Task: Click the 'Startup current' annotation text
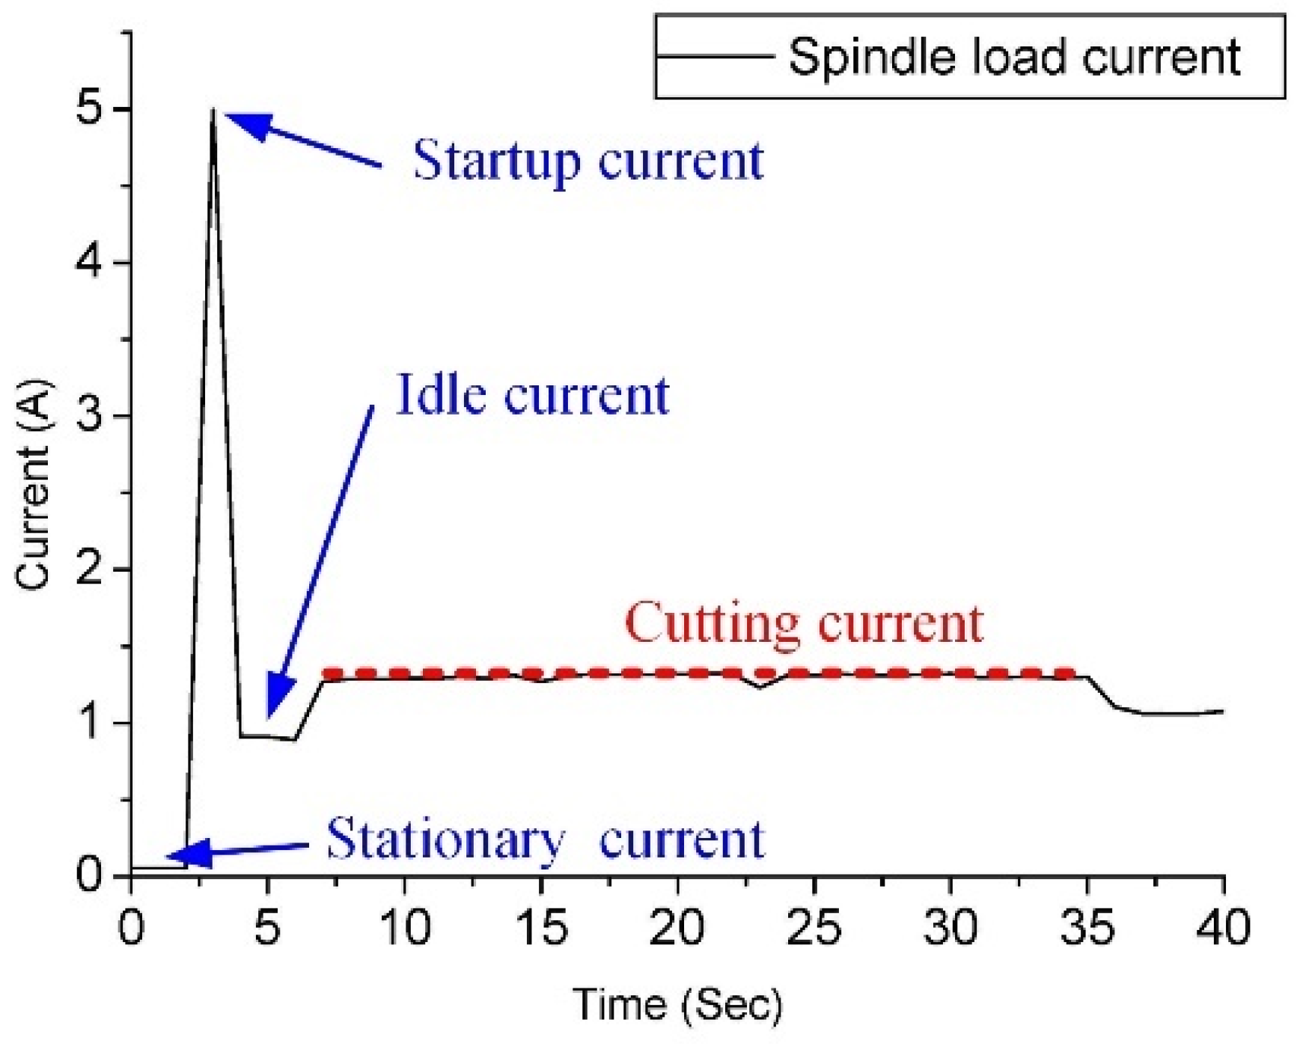pos(588,161)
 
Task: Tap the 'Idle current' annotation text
pos(532,395)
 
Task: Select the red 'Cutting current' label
pos(803,623)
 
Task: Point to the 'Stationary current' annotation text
pos(546,839)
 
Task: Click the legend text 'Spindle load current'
pos(1015,57)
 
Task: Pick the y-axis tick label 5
pos(89,110)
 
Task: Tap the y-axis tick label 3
pos(89,417)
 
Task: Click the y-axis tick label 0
pos(89,874)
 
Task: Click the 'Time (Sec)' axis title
pos(677,1004)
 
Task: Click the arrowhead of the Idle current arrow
pos(277,700)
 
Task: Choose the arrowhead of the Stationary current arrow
pos(183,855)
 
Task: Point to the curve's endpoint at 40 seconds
pos(1222,711)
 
